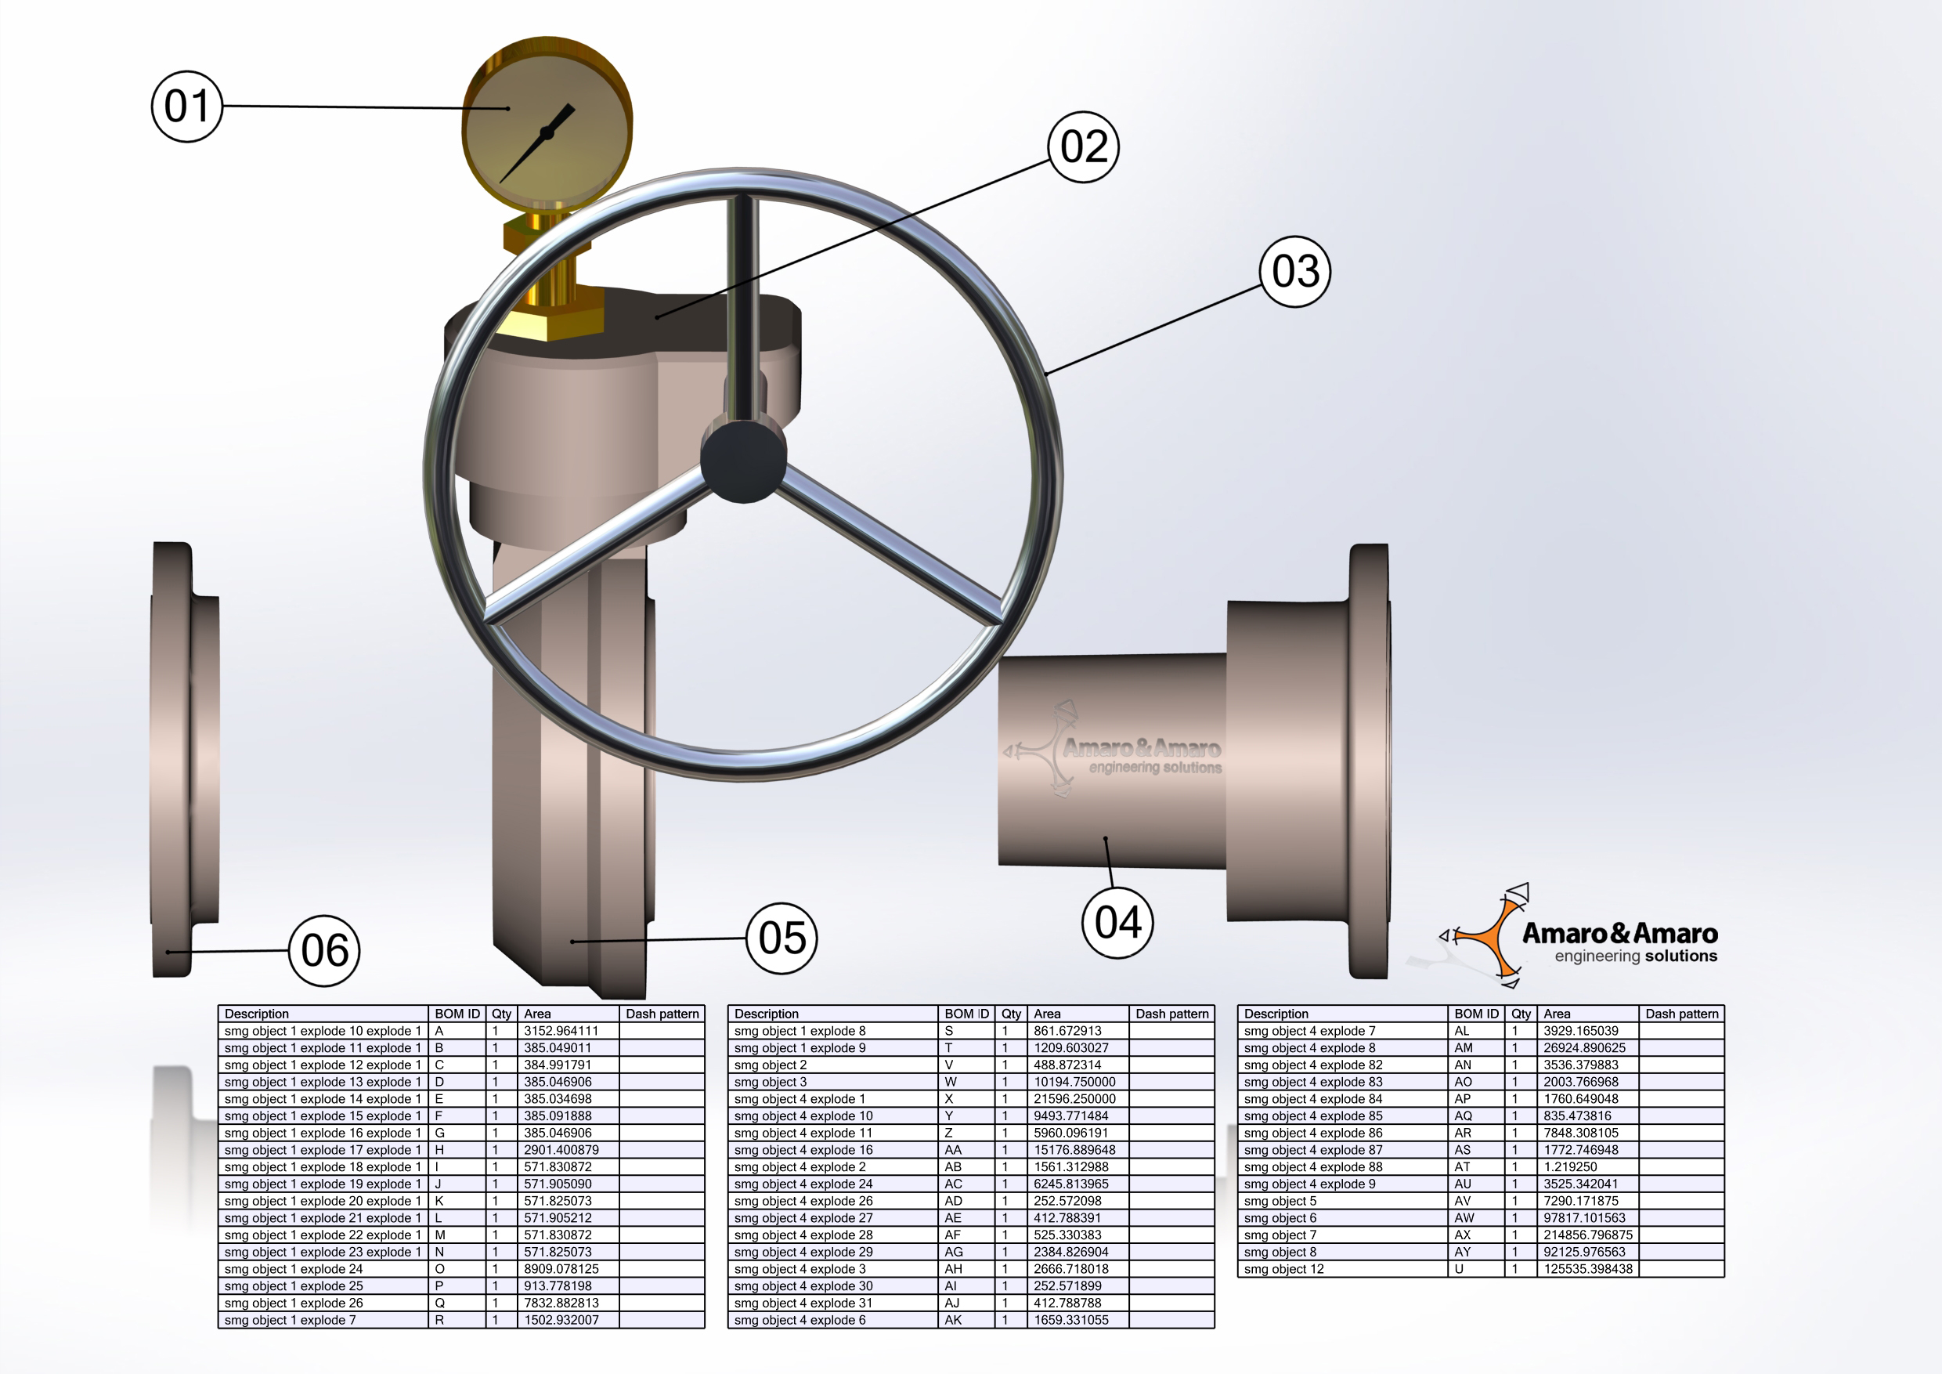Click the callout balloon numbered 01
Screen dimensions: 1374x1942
click(187, 107)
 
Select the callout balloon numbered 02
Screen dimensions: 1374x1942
click(1084, 147)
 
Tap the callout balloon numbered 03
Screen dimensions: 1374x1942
click(1295, 272)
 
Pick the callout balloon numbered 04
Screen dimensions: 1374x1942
click(1118, 922)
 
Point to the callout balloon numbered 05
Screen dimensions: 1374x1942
click(781, 938)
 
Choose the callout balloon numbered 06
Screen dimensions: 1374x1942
click(325, 951)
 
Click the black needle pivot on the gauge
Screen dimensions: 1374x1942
click(547, 133)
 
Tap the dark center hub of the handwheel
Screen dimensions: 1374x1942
click(742, 461)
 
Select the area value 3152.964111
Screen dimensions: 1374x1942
click(561, 1031)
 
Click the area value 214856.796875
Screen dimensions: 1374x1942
click(1587, 1235)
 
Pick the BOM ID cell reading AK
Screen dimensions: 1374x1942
click(953, 1320)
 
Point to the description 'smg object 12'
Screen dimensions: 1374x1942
click(1283, 1269)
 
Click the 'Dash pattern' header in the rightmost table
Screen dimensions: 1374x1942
click(1681, 1014)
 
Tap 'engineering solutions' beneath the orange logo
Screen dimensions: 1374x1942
click(1635, 956)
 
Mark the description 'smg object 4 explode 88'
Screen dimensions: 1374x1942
click(1312, 1166)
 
